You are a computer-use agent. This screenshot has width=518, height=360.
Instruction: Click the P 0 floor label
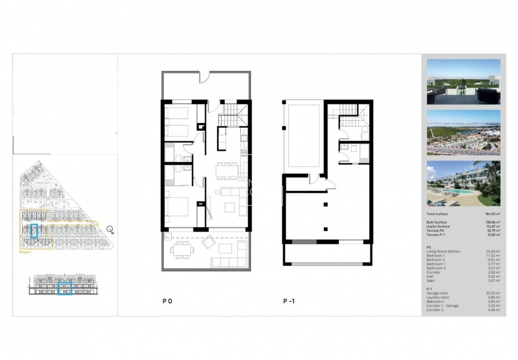[167, 301]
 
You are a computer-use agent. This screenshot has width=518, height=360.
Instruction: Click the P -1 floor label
[288, 301]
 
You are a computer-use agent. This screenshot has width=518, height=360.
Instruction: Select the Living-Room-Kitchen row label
[443, 252]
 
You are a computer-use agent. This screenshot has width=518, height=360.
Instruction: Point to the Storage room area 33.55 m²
[493, 293]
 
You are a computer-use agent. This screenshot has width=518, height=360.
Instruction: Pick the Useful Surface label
[437, 227]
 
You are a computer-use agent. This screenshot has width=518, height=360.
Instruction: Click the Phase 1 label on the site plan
[25, 252]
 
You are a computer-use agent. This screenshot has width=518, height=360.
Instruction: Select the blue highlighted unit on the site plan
[34, 231]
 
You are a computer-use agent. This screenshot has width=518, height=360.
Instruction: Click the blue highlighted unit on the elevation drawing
[64, 288]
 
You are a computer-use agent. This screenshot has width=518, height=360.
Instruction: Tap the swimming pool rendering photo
[463, 183]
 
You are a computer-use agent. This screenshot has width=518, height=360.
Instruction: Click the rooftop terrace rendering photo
[463, 82]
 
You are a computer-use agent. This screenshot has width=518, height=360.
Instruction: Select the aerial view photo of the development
[463, 132]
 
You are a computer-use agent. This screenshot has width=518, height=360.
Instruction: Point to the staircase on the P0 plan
[231, 116]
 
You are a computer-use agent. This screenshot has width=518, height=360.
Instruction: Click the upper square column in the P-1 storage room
[326, 205]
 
